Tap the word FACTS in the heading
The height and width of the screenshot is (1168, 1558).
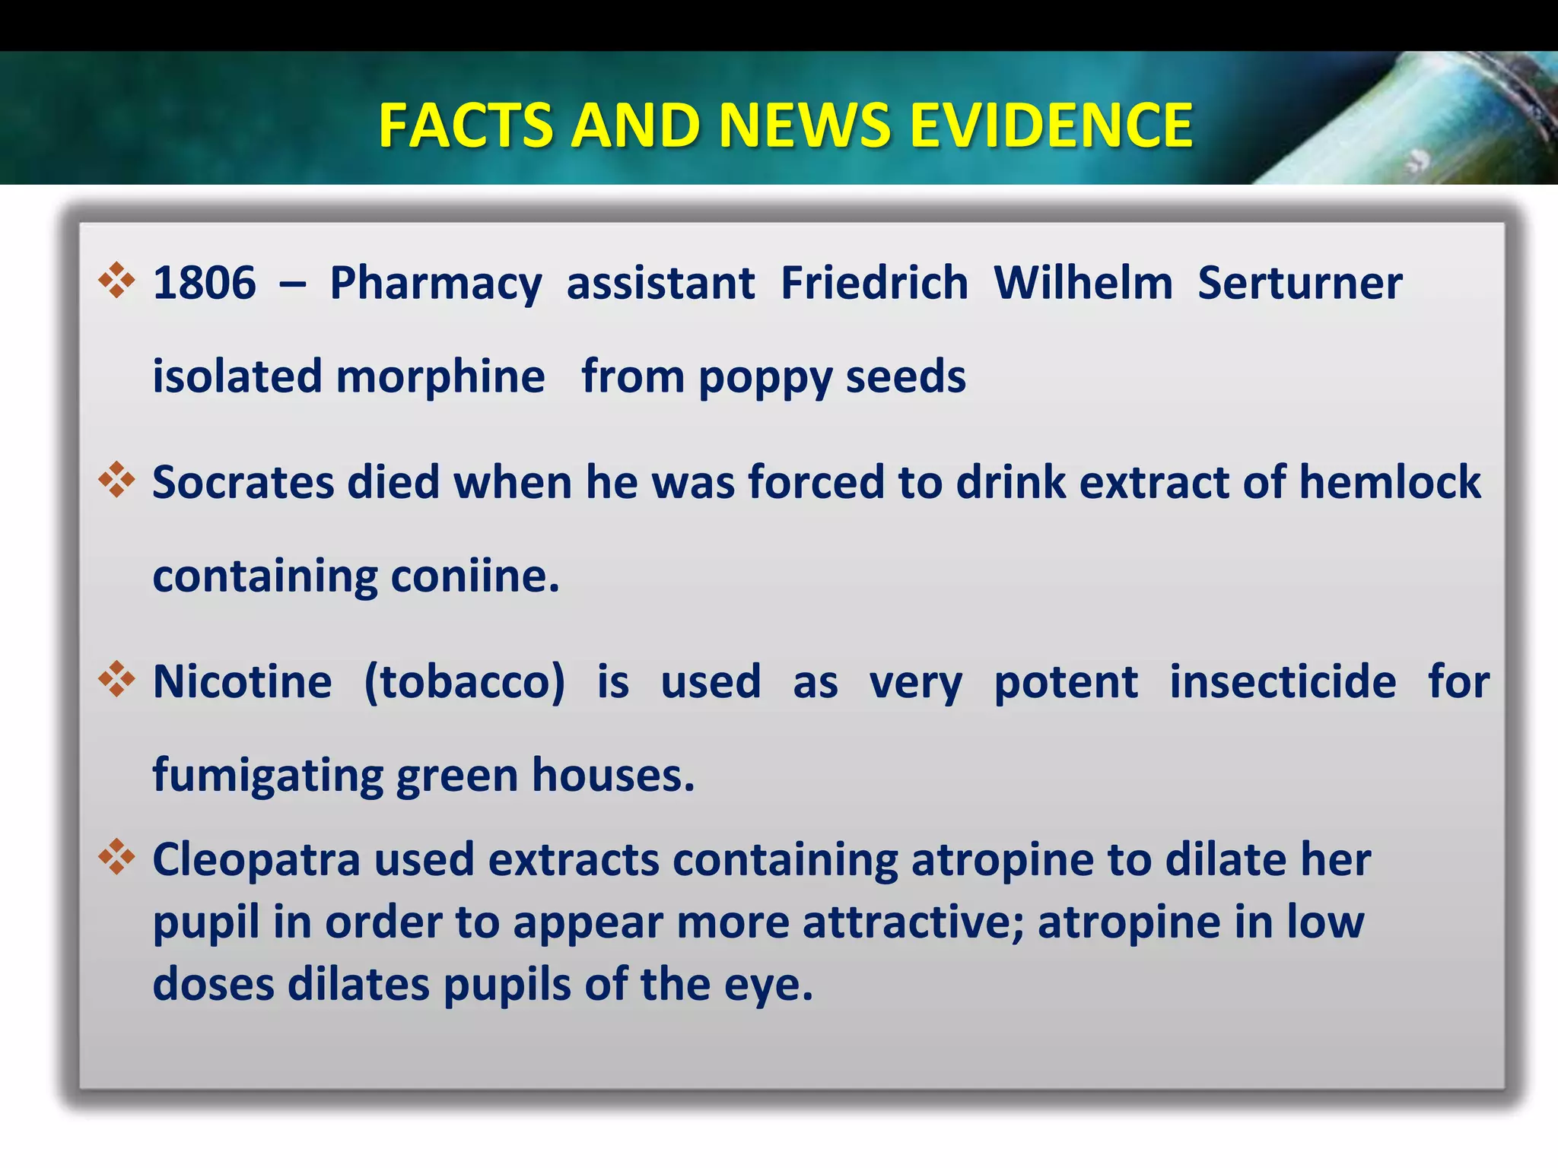click(x=466, y=125)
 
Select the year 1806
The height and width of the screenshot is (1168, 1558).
click(x=204, y=284)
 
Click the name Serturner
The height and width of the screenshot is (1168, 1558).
click(x=1299, y=284)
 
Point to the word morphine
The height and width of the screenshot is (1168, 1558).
click(x=440, y=377)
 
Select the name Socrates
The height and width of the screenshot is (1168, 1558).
click(x=243, y=483)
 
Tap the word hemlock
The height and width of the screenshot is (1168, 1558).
click(x=1389, y=483)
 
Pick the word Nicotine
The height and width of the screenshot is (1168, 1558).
click(x=242, y=682)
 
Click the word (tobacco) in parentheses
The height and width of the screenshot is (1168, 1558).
click(x=464, y=682)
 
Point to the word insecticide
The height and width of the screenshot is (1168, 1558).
click(x=1282, y=682)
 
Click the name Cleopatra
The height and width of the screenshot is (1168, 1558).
click(x=256, y=861)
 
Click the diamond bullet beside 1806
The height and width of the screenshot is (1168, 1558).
click(x=116, y=281)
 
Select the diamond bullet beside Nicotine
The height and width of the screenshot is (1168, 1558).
click(x=116, y=679)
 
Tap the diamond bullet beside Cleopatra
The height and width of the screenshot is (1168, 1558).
click(x=116, y=857)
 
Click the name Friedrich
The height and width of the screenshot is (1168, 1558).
click(x=874, y=284)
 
